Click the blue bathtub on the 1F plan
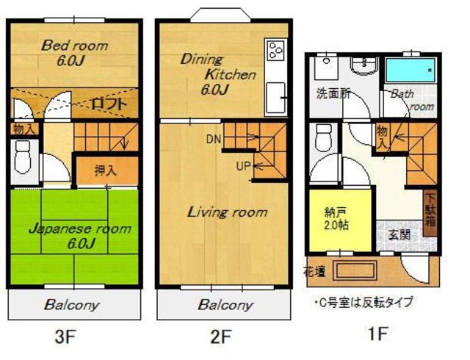click(x=410, y=71)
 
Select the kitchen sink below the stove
click(x=275, y=97)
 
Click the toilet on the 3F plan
click(x=23, y=157)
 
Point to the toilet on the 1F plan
click(x=323, y=137)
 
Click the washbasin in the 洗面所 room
click(x=364, y=65)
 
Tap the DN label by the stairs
click(x=214, y=139)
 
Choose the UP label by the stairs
click(x=243, y=166)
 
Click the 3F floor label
click(x=65, y=336)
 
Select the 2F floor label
click(x=221, y=336)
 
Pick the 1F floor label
click(x=377, y=333)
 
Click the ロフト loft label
click(x=109, y=104)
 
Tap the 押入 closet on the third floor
click(x=106, y=170)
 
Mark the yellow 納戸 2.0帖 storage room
click(x=341, y=220)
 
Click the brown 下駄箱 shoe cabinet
click(x=430, y=213)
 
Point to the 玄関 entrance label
click(x=399, y=235)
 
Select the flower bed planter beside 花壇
click(x=356, y=270)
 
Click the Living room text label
click(x=227, y=212)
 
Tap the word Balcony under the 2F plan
click(x=225, y=305)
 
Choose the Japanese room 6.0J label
click(x=80, y=236)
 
